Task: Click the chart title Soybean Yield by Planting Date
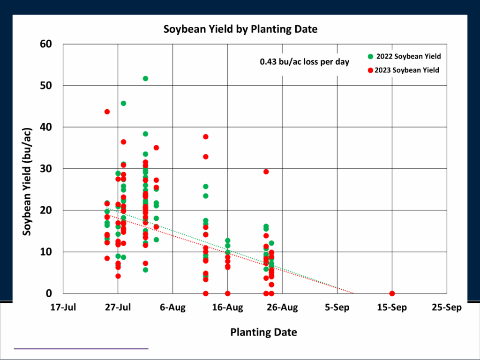coord(240,29)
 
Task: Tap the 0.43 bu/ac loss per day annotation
coord(304,61)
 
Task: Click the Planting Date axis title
coord(263,332)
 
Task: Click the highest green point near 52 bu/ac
coord(145,78)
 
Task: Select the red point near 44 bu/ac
coord(107,112)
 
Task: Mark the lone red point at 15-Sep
coord(392,293)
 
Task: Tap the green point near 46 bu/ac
coord(123,103)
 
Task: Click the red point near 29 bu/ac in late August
coord(266,172)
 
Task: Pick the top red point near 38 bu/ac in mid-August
coord(205,136)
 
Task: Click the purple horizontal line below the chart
coord(81,349)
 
